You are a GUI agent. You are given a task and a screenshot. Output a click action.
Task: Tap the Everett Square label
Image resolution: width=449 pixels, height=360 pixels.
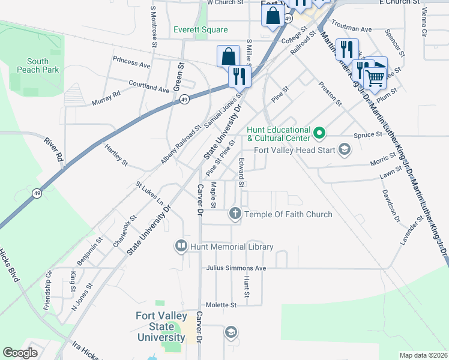pyautogui.click(x=200, y=30)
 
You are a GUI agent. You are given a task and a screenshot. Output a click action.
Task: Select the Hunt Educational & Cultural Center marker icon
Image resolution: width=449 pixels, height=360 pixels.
pyautogui.click(x=320, y=131)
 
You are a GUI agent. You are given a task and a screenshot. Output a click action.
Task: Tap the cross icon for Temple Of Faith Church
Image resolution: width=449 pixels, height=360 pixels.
pyautogui.click(x=235, y=214)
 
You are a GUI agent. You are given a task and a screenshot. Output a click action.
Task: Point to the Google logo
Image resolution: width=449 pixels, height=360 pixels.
pyautogui.click(x=20, y=353)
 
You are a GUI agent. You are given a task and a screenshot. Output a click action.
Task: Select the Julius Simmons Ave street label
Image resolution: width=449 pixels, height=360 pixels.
pyautogui.click(x=235, y=268)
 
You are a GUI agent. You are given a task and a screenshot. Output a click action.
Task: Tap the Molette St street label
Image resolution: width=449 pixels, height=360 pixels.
pyautogui.click(x=221, y=305)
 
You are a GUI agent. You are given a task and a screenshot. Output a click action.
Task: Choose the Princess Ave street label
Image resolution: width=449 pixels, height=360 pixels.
pyautogui.click(x=131, y=63)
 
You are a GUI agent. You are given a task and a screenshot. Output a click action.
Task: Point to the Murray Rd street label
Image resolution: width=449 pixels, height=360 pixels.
pyautogui.click(x=106, y=98)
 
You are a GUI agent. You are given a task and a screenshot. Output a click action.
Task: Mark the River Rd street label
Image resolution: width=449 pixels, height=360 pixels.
pyautogui.click(x=53, y=149)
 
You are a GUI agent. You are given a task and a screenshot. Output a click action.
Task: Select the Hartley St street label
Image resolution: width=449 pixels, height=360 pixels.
pyautogui.click(x=116, y=154)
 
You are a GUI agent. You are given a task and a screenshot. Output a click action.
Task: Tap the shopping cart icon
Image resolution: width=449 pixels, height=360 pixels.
pyautogui.click(x=375, y=77)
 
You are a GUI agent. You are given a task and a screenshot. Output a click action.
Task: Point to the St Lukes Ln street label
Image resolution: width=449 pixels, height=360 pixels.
pyautogui.click(x=149, y=194)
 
